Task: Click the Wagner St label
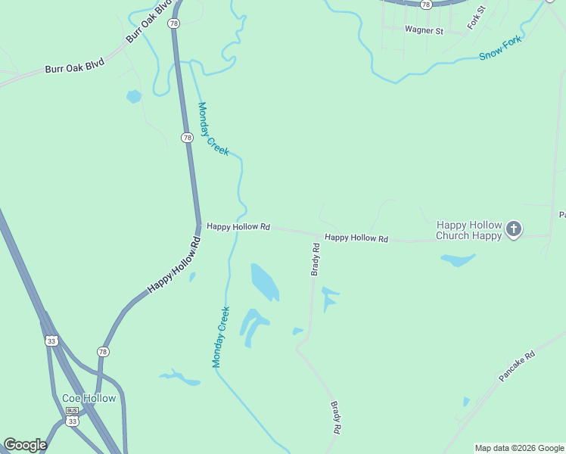pyautogui.click(x=423, y=30)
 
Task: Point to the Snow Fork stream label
pyautogui.click(x=500, y=49)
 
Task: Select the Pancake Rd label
pyautogui.click(x=517, y=365)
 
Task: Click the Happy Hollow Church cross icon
pyautogui.click(x=514, y=229)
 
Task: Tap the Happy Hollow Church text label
pyautogui.click(x=468, y=230)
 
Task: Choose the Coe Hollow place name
pyautogui.click(x=89, y=398)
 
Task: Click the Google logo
pyautogui.click(x=25, y=445)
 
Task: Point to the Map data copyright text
pyautogui.click(x=519, y=448)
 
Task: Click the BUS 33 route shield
pyautogui.click(x=72, y=417)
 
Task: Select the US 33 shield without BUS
pyautogui.click(x=51, y=340)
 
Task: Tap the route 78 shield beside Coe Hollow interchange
pyautogui.click(x=103, y=352)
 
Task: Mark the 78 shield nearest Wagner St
pyautogui.click(x=426, y=4)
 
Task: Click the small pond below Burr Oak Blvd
pyautogui.click(x=134, y=96)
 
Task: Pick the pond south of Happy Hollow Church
pyautogui.click(x=458, y=260)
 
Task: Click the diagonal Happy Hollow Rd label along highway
pyautogui.click(x=176, y=266)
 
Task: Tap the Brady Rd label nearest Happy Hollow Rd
pyautogui.click(x=316, y=260)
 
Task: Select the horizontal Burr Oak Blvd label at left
pyautogui.click(x=74, y=67)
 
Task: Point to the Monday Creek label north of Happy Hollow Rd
pyautogui.click(x=213, y=129)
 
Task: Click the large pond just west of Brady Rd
pyautogui.click(x=264, y=281)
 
